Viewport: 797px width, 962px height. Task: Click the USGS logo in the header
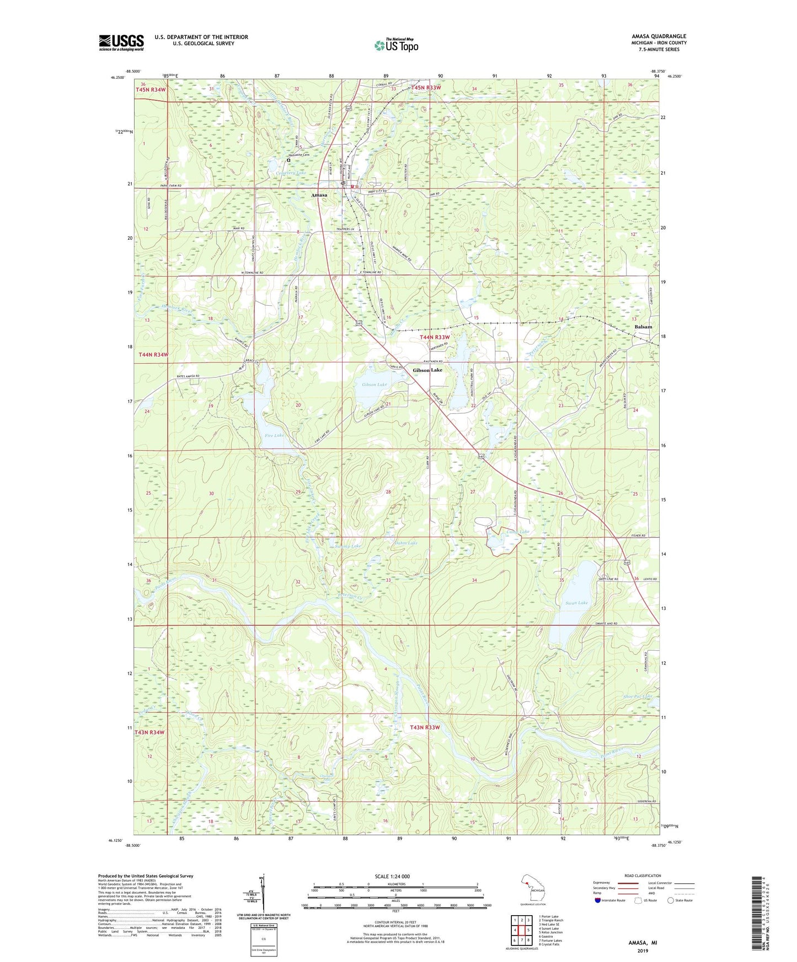(x=121, y=42)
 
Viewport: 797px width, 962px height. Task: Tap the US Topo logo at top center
(x=396, y=45)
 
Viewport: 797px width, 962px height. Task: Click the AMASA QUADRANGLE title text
(x=659, y=36)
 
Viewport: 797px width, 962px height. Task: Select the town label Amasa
(x=319, y=195)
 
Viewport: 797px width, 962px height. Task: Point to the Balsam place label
(x=643, y=327)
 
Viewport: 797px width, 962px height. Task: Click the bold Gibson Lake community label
(x=427, y=370)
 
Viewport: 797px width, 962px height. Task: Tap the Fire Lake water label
(x=274, y=435)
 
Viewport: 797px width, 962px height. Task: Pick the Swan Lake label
(x=576, y=603)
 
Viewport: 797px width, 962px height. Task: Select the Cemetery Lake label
(x=291, y=172)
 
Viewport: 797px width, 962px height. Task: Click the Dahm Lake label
(x=406, y=543)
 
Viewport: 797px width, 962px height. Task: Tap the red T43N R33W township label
(x=425, y=727)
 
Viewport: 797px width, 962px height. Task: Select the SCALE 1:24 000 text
(x=392, y=877)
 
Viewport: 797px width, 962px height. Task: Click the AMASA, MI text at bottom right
(x=643, y=943)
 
